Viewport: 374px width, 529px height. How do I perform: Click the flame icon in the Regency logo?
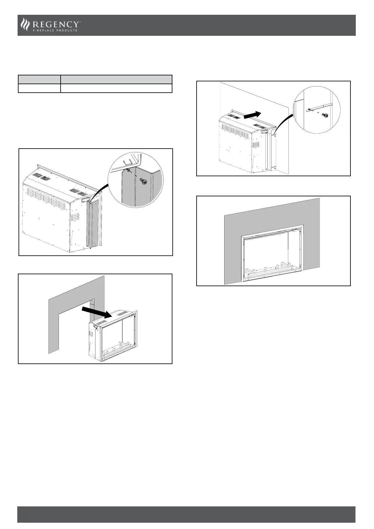click(x=24, y=25)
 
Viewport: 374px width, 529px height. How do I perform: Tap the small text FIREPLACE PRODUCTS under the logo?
click(x=55, y=30)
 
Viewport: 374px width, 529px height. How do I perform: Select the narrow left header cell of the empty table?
click(x=39, y=79)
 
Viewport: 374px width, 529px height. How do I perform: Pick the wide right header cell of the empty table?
click(x=116, y=79)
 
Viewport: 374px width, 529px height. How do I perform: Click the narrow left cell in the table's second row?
click(x=39, y=88)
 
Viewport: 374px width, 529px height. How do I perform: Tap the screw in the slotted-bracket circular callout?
click(x=326, y=116)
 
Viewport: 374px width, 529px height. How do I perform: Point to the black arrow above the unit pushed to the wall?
click(x=252, y=115)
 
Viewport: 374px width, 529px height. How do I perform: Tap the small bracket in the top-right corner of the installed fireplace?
click(x=295, y=230)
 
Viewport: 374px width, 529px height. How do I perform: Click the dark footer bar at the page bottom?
click(x=187, y=514)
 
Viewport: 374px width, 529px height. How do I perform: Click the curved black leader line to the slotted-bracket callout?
click(x=284, y=123)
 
